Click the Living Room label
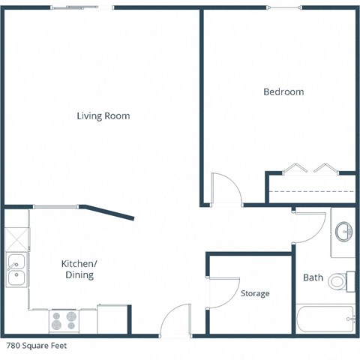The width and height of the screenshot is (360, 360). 103,116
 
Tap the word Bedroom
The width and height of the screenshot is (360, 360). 283,92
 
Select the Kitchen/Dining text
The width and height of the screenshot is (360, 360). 78,269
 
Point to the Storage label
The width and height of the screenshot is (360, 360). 255,293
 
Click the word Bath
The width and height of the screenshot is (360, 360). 313,277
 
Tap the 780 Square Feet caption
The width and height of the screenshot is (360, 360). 37,346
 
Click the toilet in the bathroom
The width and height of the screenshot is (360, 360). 341,281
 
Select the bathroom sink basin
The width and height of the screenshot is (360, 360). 344,229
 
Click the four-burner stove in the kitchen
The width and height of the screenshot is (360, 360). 64,320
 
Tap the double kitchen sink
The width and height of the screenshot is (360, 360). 16,270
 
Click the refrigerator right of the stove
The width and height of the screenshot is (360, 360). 112,319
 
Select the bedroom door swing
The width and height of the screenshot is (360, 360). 225,189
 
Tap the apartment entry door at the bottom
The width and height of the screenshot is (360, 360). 177,321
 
